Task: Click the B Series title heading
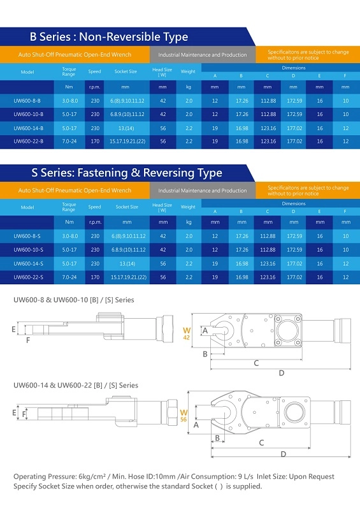[x=108, y=37]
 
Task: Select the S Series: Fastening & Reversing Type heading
[x=127, y=173]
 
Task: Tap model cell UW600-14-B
[x=28, y=128]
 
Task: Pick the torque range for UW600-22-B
[x=69, y=142]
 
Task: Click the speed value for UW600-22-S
[x=95, y=277]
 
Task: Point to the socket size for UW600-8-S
[x=127, y=236]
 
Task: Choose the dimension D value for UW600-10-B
[x=294, y=114]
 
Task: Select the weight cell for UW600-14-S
[x=189, y=264]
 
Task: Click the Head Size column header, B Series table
[x=162, y=72]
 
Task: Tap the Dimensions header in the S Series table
[x=294, y=203]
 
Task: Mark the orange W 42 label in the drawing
[x=187, y=333]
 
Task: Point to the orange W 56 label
[x=184, y=416]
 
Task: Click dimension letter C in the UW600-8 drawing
[x=256, y=363]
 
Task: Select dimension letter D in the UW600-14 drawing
[x=284, y=454]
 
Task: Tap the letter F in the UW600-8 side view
[x=28, y=340]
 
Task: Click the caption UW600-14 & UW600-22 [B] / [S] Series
[x=76, y=386]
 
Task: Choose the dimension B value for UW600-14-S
[x=241, y=264]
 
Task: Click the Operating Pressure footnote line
[x=174, y=476]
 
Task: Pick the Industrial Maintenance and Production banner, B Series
[x=202, y=55]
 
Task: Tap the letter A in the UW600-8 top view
[x=205, y=331]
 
